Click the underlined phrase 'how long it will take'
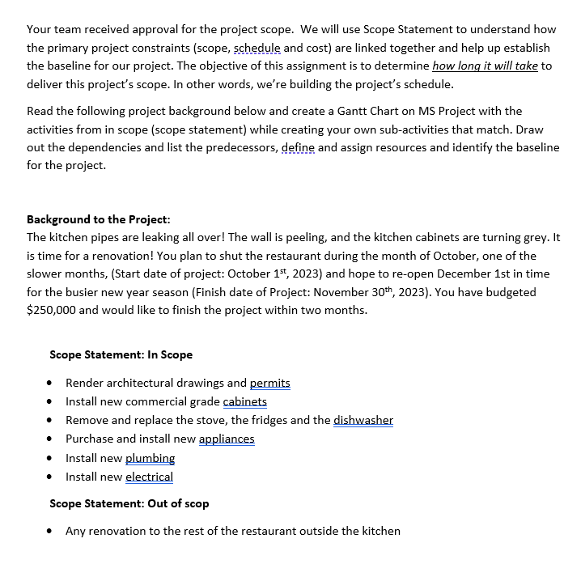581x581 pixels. click(486, 66)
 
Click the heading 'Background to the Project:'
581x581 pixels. click(99, 219)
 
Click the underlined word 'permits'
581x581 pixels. click(270, 383)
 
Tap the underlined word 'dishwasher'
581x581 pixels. click(363, 420)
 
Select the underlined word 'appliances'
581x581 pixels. click(227, 439)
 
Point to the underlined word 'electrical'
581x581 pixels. click(149, 477)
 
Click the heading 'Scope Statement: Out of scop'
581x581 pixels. click(129, 503)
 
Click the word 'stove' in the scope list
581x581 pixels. click(203, 420)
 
